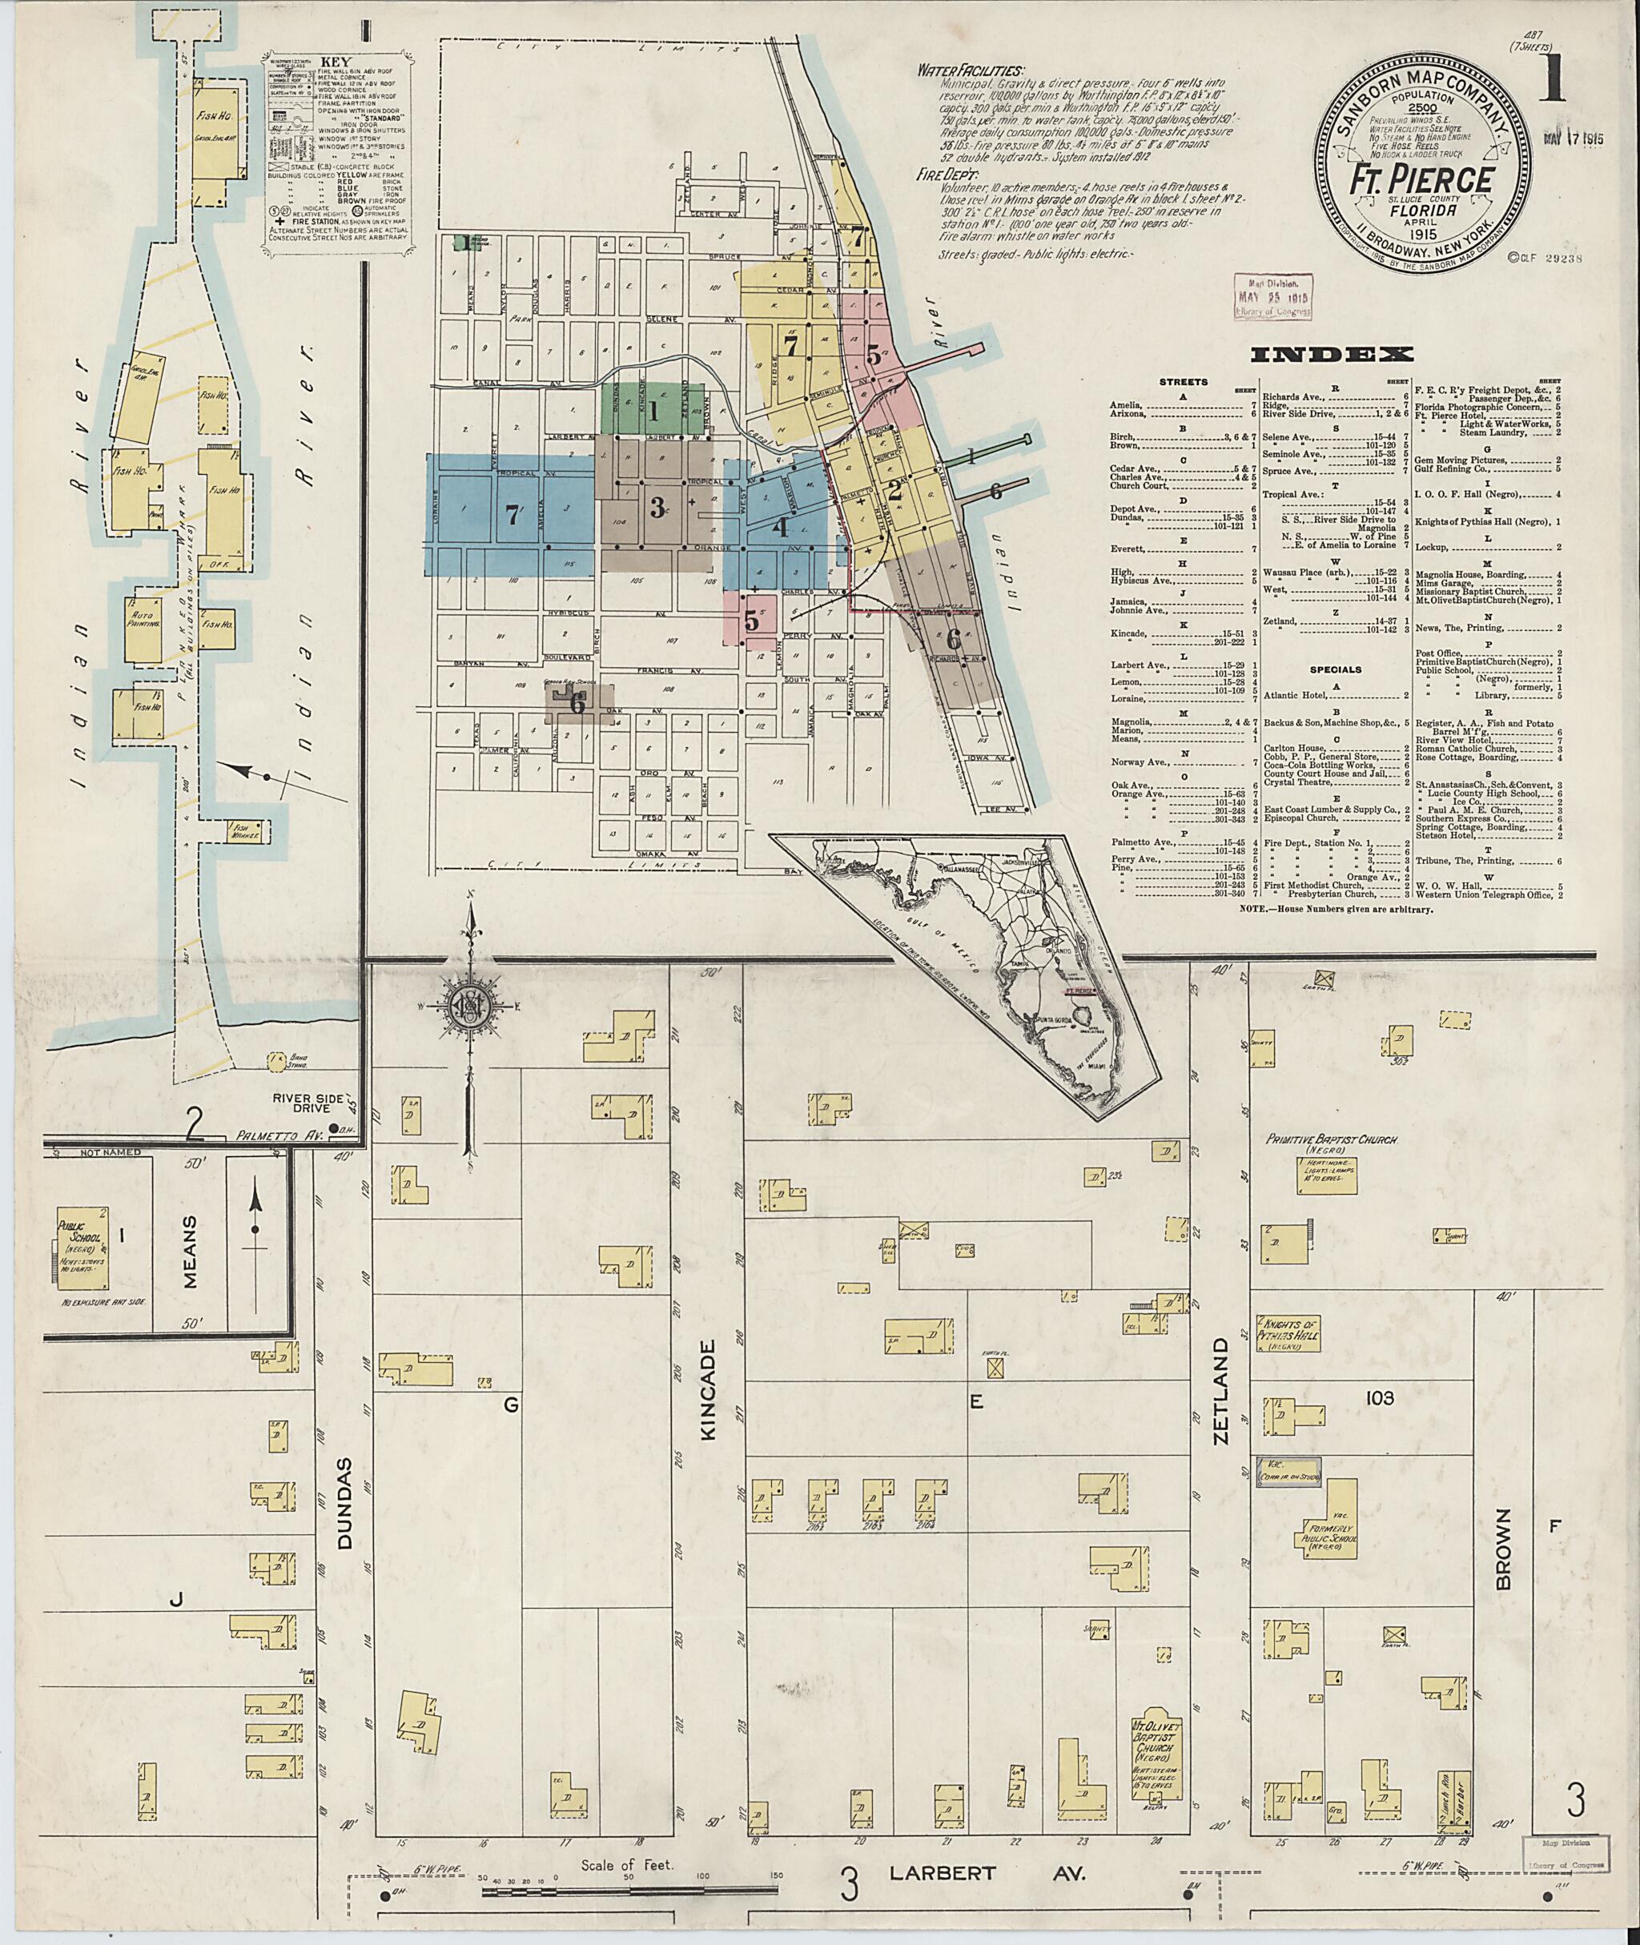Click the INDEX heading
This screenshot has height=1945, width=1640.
pos(1332,353)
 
